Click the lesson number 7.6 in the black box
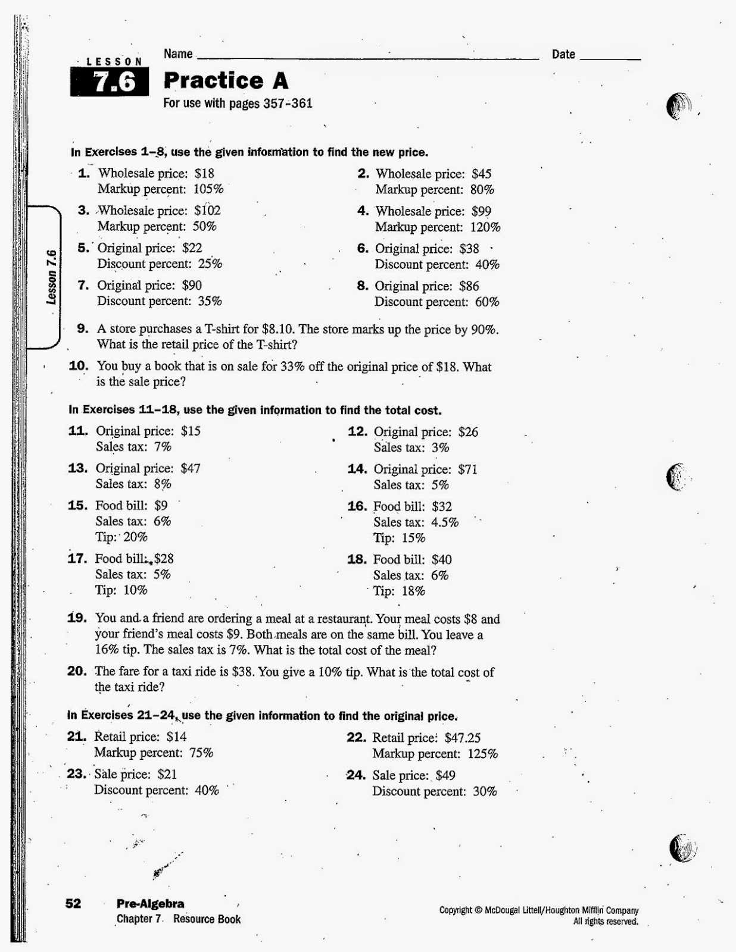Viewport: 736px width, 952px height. pos(114,82)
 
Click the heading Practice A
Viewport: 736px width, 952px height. pos(226,80)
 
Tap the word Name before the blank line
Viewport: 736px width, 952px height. pos(178,54)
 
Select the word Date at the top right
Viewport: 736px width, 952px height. pos(563,55)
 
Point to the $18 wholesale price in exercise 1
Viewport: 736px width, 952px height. pos(204,174)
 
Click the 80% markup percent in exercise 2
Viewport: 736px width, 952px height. pos(482,190)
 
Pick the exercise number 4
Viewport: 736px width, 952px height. pos(363,211)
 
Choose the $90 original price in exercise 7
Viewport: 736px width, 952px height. pos(192,286)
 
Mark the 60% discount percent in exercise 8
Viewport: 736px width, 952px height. pos(486,302)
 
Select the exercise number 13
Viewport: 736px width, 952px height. pos(77,468)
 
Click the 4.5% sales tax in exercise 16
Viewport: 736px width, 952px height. pos(445,522)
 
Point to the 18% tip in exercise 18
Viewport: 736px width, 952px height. pos(413,591)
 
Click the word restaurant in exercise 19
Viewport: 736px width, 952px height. pos(342,619)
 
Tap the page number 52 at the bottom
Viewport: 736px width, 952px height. pos(73,904)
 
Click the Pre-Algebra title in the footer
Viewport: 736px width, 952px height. pos(150,904)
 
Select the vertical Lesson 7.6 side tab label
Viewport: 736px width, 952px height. pos(52,277)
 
